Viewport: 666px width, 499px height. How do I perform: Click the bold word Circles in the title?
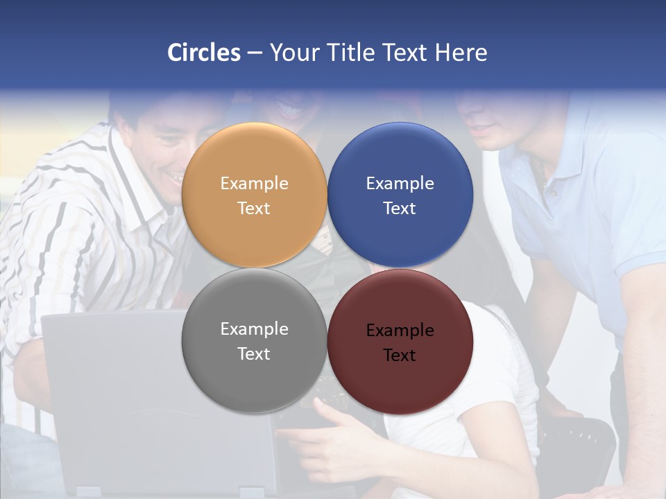tap(204, 53)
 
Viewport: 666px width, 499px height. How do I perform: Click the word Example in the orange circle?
tap(254, 184)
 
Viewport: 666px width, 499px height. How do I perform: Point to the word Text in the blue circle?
tap(400, 209)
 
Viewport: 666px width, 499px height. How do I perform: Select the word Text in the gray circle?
tap(254, 354)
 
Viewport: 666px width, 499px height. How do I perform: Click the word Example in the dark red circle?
tap(400, 331)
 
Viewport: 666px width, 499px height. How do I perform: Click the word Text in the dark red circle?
tap(400, 356)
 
